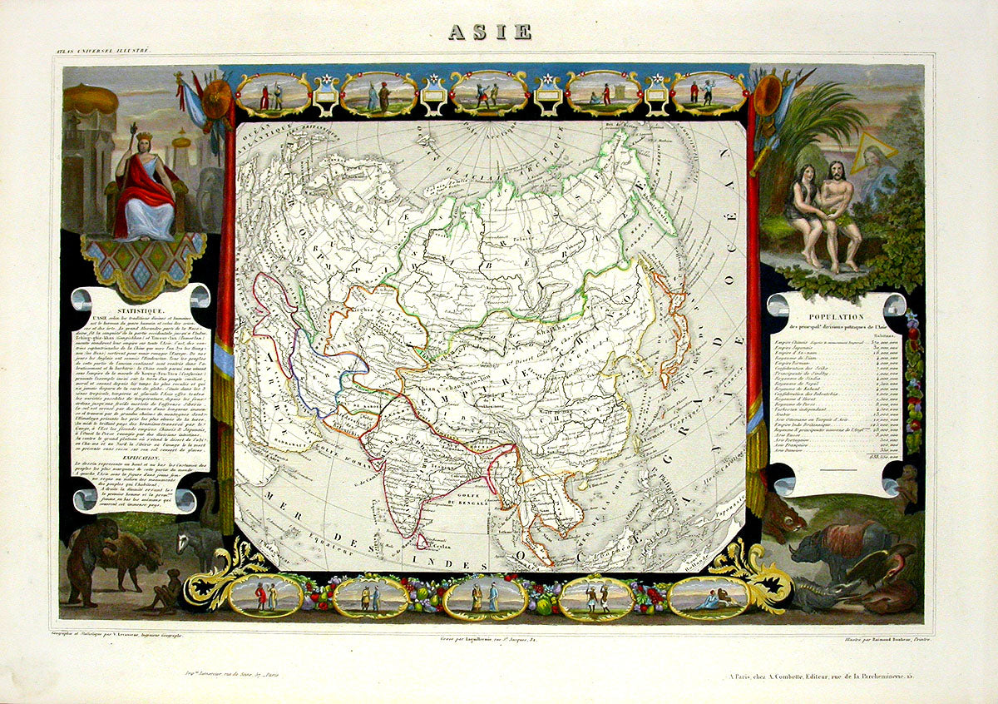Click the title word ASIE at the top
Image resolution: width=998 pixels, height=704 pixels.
tap(490, 32)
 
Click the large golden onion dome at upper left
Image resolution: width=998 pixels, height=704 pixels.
tap(91, 98)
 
